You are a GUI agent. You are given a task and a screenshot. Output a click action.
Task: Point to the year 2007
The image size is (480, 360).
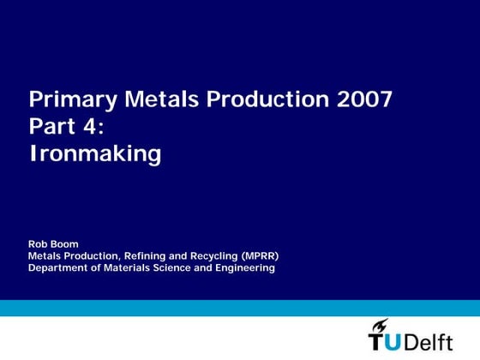tap(363, 100)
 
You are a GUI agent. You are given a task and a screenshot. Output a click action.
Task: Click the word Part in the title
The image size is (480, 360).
tap(52, 127)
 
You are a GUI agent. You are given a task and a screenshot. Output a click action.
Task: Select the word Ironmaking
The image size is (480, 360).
tap(95, 154)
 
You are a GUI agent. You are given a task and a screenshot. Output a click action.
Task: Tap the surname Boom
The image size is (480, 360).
tap(65, 244)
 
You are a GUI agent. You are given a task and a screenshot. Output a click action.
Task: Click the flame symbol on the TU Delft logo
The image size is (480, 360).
tap(380, 324)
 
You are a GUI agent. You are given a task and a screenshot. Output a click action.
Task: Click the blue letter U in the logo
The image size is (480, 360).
tap(395, 341)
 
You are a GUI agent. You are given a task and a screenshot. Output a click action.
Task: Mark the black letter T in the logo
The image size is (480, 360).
tap(377, 342)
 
